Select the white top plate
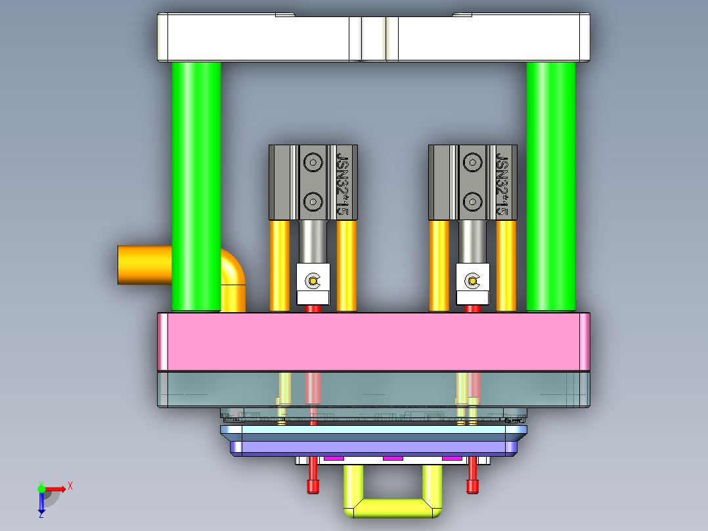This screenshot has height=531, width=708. point(263,38)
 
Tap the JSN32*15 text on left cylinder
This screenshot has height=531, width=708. point(342,184)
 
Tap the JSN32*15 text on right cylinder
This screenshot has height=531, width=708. point(502,184)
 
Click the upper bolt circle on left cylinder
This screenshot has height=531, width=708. point(313,162)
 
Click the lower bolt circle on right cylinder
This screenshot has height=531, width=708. point(473,200)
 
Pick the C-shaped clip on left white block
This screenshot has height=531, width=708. point(313,281)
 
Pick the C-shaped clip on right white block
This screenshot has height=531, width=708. point(473,281)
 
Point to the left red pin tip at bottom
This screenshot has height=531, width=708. point(313,486)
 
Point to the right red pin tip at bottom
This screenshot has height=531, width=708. point(472,486)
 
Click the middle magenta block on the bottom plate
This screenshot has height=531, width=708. point(392,458)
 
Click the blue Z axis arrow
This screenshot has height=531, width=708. point(41,506)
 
